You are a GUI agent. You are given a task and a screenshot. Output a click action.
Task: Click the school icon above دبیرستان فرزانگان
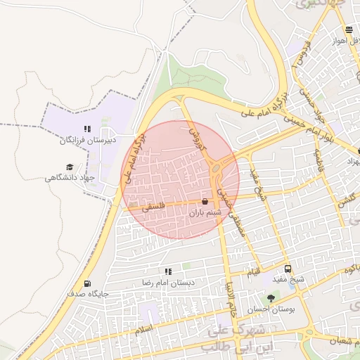tap(88, 129)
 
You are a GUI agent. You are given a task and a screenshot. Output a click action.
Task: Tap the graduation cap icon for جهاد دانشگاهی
tap(70, 167)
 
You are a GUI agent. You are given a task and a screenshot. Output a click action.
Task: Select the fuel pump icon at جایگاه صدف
tap(87, 284)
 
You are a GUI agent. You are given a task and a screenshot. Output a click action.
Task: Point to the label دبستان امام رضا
tap(168, 282)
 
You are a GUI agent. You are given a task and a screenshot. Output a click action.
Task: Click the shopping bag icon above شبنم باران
tap(205, 201)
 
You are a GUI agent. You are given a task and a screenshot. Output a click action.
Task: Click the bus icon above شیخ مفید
tap(287, 269)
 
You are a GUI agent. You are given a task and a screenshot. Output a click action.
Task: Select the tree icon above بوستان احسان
tap(271, 298)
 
